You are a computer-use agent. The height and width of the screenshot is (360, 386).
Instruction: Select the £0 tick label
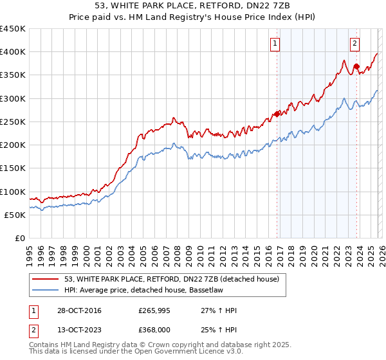(19, 239)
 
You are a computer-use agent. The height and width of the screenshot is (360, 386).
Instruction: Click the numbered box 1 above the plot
(275, 44)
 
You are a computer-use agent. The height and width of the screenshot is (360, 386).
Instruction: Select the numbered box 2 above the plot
(354, 44)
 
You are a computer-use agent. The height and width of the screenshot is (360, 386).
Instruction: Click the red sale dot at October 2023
(356, 66)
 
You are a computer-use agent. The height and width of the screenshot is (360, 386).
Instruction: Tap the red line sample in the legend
(46, 279)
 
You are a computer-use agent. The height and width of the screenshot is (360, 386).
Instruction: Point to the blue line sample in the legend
(46, 290)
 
